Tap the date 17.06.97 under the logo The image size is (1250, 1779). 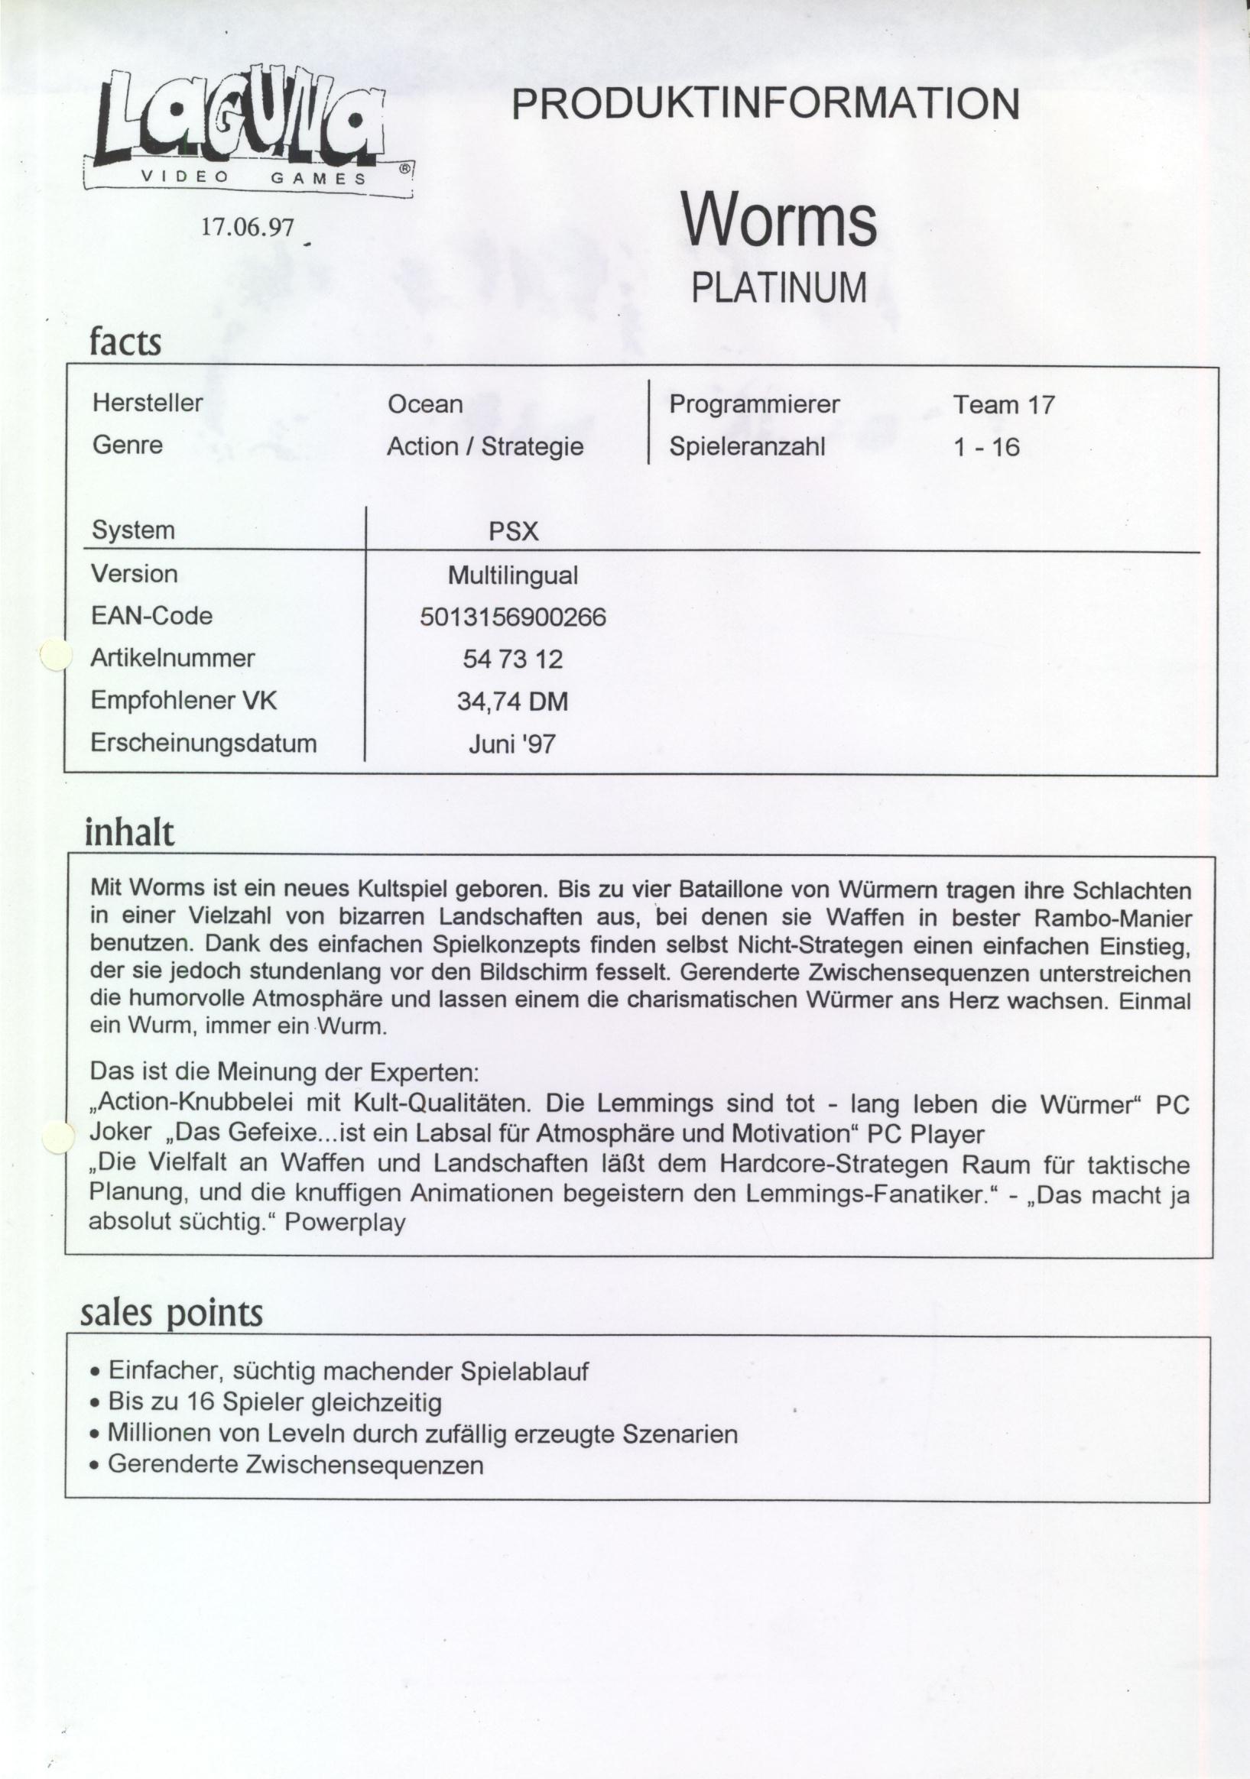(248, 226)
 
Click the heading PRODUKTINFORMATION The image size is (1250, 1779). (765, 104)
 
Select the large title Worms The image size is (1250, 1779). (778, 220)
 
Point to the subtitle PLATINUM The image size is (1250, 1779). (778, 288)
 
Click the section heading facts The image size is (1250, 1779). (125, 342)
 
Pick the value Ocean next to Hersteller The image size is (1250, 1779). (424, 403)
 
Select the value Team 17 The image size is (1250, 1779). (1004, 404)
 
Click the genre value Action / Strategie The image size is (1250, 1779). (485, 446)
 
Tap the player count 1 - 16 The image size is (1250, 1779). (986, 447)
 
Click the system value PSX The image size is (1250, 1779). (513, 533)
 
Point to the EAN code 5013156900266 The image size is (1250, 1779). (513, 617)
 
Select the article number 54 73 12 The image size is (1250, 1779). (513, 659)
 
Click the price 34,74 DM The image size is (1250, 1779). (513, 702)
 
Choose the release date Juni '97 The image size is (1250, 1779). (512, 744)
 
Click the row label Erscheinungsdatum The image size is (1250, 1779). (204, 742)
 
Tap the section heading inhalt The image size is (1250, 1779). (129, 833)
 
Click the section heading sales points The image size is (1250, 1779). (171, 1313)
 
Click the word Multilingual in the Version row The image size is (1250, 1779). (513, 575)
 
